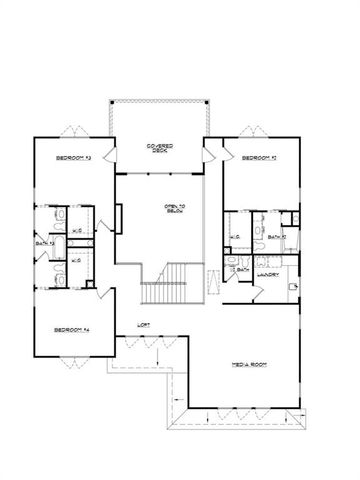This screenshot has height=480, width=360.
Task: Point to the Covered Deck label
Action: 161,149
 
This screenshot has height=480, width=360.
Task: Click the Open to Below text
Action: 176,209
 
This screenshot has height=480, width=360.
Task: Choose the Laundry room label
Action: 266,273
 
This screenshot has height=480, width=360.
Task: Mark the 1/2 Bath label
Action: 240,270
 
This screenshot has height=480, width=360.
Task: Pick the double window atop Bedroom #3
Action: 70,130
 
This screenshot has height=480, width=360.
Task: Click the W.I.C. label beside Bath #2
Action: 234,236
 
